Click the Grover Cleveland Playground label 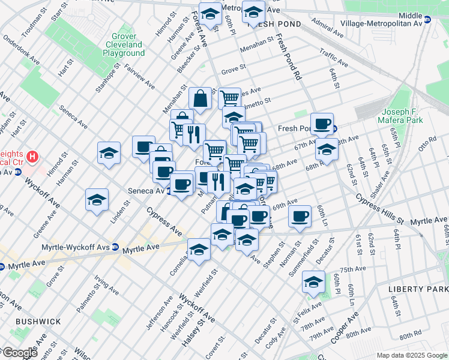[124, 44]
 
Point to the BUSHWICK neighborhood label [38, 322]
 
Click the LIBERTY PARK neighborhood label [418, 289]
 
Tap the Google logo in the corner [19, 353]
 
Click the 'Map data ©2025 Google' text [412, 355]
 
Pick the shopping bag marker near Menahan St [200, 98]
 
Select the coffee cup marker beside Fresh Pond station [322, 123]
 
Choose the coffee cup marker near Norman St [300, 216]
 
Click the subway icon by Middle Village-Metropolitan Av [428, 19]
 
